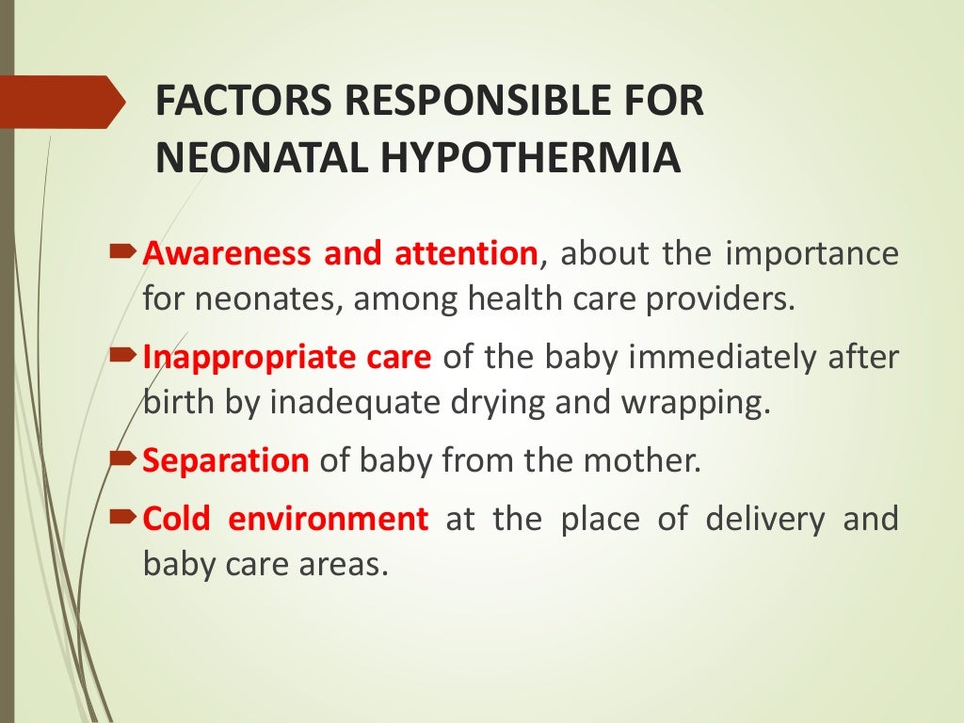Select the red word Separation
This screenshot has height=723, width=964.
pyautogui.click(x=226, y=461)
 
